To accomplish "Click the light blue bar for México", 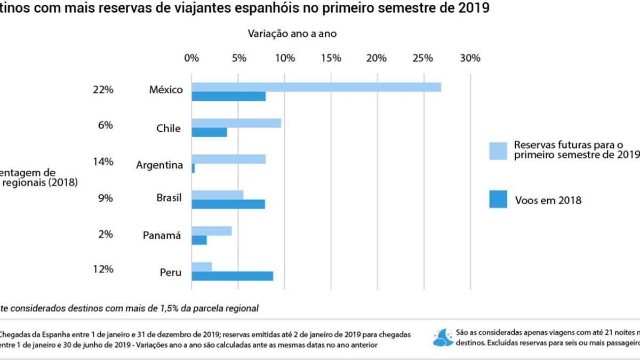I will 316,87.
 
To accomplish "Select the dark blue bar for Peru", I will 233,276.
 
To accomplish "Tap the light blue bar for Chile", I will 236,123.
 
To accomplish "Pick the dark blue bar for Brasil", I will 228,204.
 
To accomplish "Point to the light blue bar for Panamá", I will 212,231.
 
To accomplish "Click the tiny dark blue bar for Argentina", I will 193,168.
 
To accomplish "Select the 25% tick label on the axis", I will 423,58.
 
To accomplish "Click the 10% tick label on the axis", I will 285,58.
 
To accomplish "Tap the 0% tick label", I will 191,58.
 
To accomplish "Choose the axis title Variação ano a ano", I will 292,33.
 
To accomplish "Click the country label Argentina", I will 159,165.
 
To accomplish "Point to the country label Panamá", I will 162,235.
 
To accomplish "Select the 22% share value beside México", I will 103,90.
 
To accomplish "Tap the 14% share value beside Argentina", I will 103,162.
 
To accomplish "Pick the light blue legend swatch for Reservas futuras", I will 498,150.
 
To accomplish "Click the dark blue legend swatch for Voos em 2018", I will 498,200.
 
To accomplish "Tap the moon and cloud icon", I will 443,338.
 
